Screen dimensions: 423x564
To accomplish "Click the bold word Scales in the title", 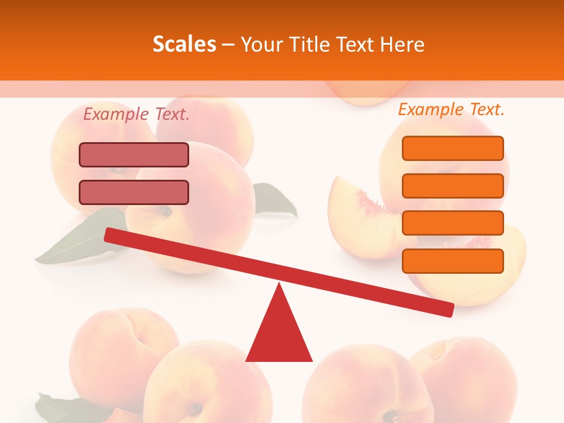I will [184, 45].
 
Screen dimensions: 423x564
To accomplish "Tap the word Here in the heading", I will [402, 45].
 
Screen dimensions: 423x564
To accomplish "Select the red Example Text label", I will [136, 115].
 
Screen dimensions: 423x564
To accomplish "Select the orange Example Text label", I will [451, 109].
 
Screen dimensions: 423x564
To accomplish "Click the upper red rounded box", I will [134, 155].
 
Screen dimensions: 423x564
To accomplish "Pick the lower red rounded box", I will [134, 192].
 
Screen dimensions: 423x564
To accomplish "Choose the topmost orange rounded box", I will [452, 148].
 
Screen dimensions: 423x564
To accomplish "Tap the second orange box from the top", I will [452, 186].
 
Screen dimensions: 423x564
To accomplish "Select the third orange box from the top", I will [452, 223].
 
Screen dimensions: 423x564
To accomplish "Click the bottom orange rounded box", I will [452, 261].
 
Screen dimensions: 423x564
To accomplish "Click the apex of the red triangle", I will [280, 286].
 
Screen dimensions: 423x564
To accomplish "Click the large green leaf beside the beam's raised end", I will [76, 241].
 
